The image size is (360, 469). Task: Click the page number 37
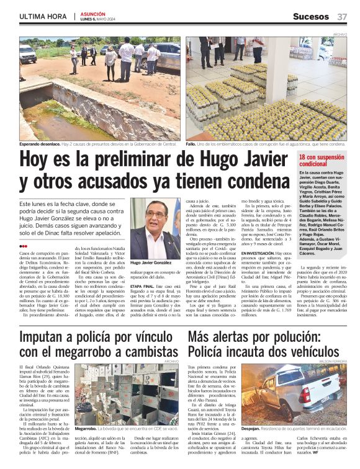(342, 16)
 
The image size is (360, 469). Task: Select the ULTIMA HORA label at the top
(40, 16)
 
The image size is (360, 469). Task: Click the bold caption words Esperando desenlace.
(39, 143)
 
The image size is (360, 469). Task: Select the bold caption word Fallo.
(192, 143)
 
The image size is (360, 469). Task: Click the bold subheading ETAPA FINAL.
(144, 287)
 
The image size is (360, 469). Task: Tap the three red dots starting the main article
(24, 246)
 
